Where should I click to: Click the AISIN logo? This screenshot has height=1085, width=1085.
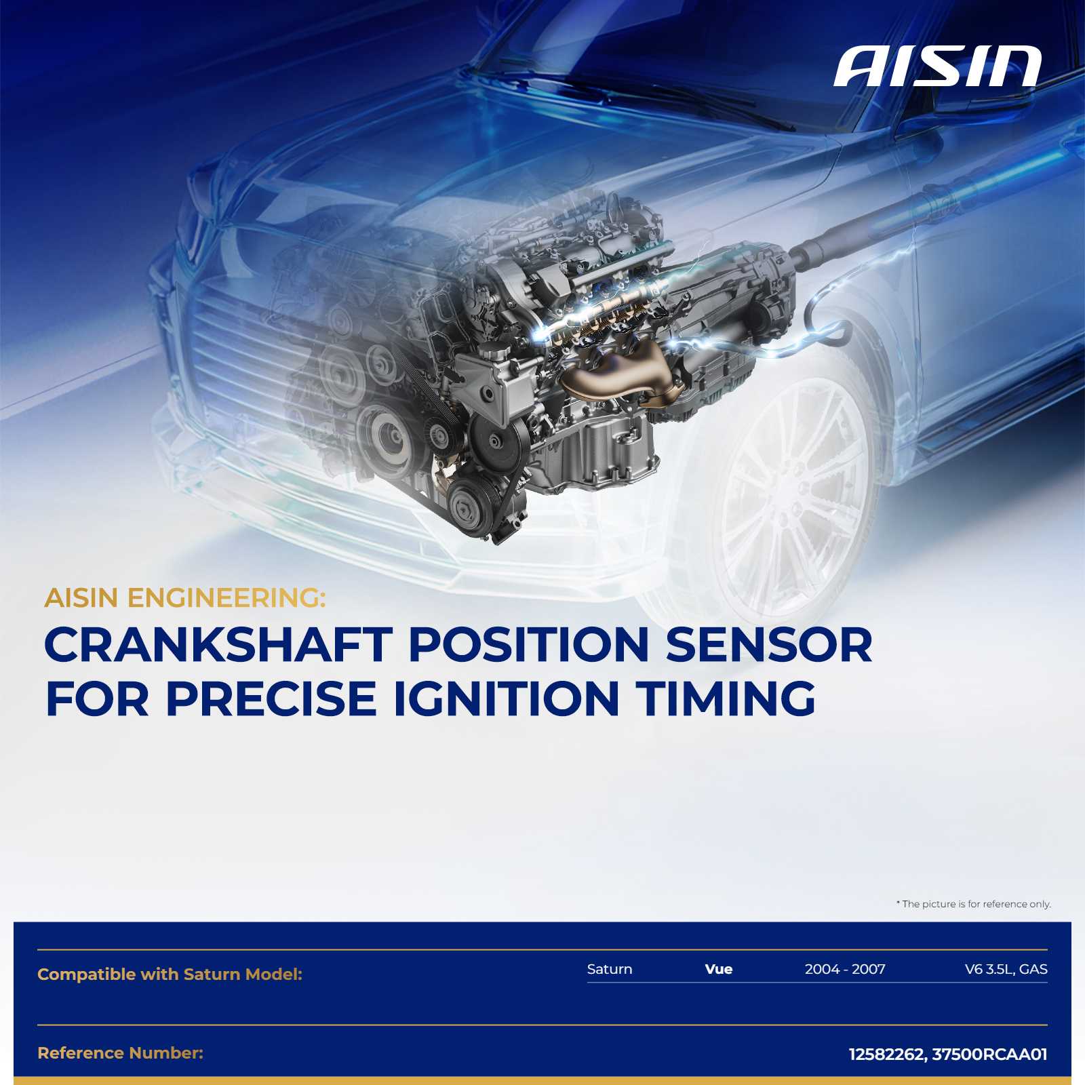[x=937, y=66]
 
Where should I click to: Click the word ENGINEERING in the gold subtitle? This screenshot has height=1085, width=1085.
[x=226, y=598]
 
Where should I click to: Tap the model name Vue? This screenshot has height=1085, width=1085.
[x=719, y=969]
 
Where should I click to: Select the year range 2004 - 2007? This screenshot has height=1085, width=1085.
[x=845, y=969]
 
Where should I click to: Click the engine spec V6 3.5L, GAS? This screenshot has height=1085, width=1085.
[x=1006, y=970]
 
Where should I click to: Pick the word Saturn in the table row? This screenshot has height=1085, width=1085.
[x=610, y=969]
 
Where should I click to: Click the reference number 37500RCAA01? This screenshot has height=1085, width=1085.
[x=990, y=1054]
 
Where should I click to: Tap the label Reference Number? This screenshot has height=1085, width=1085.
[x=121, y=1053]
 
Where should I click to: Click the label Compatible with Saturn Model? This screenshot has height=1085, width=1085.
[x=170, y=974]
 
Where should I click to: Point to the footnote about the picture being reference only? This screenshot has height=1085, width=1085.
[x=974, y=904]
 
